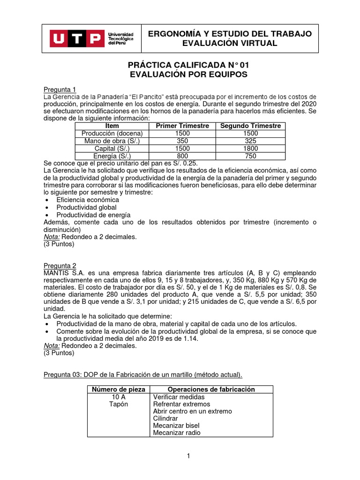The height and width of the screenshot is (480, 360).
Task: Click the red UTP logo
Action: (77, 38)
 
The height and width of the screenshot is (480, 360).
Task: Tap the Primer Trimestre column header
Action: (182, 126)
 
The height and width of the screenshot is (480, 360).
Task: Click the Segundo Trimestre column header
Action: (250, 126)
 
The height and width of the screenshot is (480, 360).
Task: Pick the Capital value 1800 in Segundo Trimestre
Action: (250, 148)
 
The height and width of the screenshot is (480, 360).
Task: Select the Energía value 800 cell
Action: (182, 156)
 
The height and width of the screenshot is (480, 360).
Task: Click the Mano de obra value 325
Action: (250, 141)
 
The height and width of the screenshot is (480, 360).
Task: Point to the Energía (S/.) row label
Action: (112, 156)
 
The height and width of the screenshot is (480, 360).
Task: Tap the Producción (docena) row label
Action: (112, 133)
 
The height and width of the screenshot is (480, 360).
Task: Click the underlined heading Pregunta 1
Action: (60, 90)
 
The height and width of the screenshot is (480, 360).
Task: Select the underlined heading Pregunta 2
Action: (60, 265)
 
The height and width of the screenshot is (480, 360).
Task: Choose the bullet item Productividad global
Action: (87, 207)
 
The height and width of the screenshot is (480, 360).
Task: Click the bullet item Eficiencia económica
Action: (88, 200)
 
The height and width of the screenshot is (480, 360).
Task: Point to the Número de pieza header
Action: (119, 390)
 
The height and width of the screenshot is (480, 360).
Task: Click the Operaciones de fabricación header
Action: (211, 390)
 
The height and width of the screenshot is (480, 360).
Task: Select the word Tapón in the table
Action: (119, 404)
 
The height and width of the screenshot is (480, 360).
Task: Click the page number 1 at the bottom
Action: (188, 456)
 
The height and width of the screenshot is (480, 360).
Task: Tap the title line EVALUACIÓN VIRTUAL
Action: (230, 44)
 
